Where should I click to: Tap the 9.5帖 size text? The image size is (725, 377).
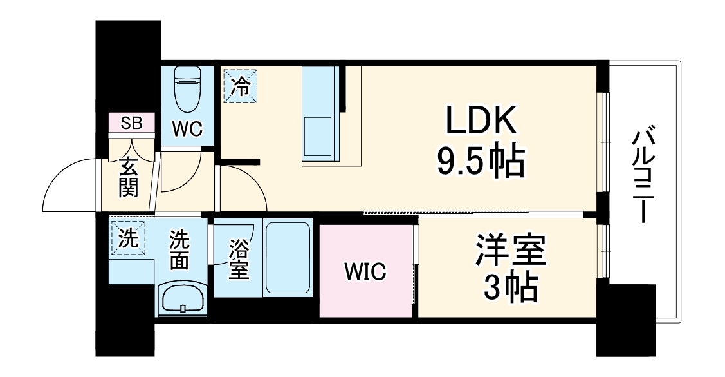pos(480,162)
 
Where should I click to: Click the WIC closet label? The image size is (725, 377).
pos(365,272)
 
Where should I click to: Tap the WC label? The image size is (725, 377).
pos(188,128)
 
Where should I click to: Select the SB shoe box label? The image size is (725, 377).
pos(131,123)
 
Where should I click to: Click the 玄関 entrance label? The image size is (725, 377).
pos(128,177)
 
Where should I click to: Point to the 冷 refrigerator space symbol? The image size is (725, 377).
pos(239,86)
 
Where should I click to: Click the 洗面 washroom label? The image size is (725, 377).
pos(179,250)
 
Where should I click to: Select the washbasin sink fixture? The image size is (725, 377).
pos(182,300)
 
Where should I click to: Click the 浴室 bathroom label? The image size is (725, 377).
pos(238,260)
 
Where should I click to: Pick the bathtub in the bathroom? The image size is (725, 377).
pos(288,258)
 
